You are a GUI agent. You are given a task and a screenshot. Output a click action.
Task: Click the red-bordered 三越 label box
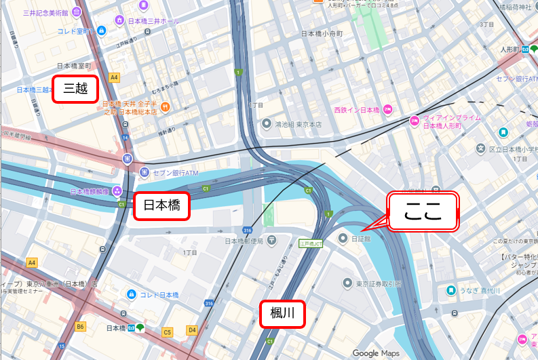tap(75, 89)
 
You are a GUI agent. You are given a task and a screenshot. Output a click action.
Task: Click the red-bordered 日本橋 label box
tap(161, 207)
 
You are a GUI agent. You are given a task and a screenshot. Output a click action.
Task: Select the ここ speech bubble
tap(423, 212)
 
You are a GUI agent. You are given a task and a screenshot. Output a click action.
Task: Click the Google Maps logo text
tap(375, 353)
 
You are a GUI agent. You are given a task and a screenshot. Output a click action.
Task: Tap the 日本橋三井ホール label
tap(153, 22)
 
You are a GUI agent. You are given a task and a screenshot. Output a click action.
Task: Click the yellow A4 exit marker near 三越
tap(114, 77)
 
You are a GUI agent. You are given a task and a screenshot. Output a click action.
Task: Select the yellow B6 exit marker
tap(81, 327)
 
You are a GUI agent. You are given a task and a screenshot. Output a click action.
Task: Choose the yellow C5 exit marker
tap(168, 332)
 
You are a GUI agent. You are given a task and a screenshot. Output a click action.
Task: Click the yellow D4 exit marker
tap(192, 330)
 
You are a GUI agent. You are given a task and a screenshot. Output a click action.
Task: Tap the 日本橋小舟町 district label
tap(325, 33)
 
